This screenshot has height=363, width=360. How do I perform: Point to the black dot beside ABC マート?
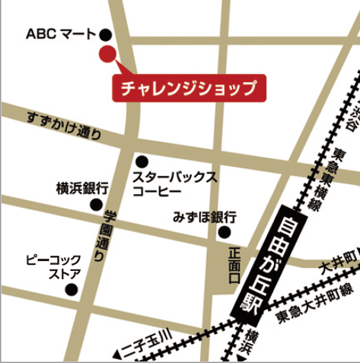(105, 34)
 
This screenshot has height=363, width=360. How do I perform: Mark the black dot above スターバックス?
(142, 161)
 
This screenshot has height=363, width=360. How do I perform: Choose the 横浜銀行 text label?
(83, 188)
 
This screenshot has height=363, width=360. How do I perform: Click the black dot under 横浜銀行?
(96, 204)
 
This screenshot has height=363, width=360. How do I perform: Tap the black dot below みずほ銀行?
(225, 232)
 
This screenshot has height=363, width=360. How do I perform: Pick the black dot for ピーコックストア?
(72, 289)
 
